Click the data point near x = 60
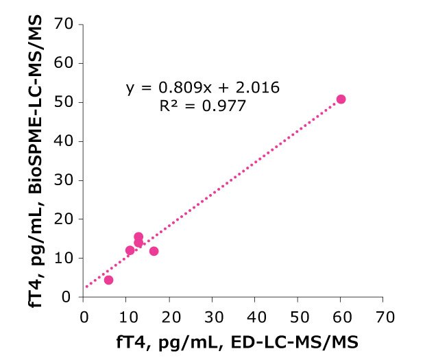pos(341,99)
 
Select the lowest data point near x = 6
pos(108,280)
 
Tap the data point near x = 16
pos(154,251)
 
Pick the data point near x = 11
pos(130,250)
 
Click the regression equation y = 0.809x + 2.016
pos(203,88)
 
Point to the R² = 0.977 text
pos(203,106)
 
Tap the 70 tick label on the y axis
pos(67,25)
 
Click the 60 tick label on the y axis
pos(67,63)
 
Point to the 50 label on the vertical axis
pos(67,102)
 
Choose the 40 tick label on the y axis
pos(67,141)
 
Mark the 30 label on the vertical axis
pos(67,180)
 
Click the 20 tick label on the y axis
pos(67,219)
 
